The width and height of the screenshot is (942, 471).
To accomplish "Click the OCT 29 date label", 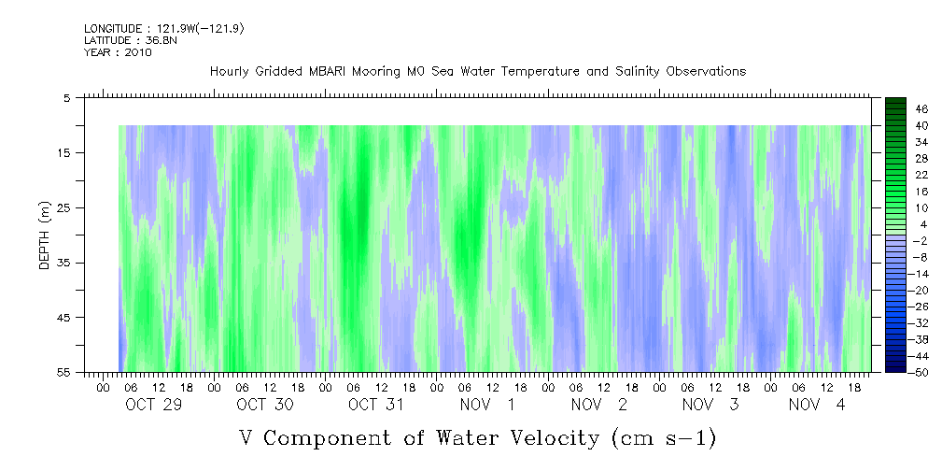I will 153,405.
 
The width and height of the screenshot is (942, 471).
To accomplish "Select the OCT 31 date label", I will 375,405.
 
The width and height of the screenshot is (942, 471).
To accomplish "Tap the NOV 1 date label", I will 486,405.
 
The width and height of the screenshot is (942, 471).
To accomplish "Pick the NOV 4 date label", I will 817,405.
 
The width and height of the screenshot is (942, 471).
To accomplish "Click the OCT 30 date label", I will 264,405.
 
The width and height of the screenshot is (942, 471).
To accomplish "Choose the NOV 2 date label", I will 599,405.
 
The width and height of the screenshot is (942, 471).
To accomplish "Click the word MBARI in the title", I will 328,72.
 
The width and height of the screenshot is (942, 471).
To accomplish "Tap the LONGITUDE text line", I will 163,29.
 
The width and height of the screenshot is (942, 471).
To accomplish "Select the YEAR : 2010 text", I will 117,52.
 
